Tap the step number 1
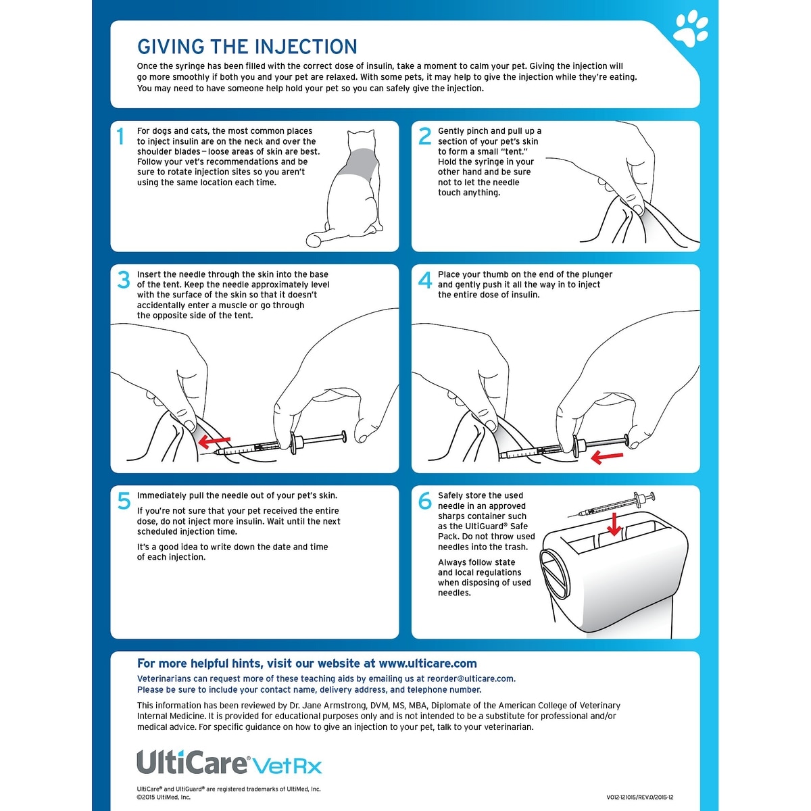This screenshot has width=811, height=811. (x=121, y=137)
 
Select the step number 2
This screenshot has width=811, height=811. (x=424, y=137)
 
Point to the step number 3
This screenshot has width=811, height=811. (x=123, y=280)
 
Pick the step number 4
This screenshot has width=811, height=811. (x=424, y=280)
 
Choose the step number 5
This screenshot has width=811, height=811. (x=124, y=501)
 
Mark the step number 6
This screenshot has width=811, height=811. (x=424, y=501)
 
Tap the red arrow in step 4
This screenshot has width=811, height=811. (x=606, y=458)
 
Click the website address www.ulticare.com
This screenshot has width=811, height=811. (x=427, y=664)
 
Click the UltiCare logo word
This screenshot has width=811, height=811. (x=192, y=762)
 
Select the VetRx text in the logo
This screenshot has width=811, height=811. (x=288, y=766)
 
